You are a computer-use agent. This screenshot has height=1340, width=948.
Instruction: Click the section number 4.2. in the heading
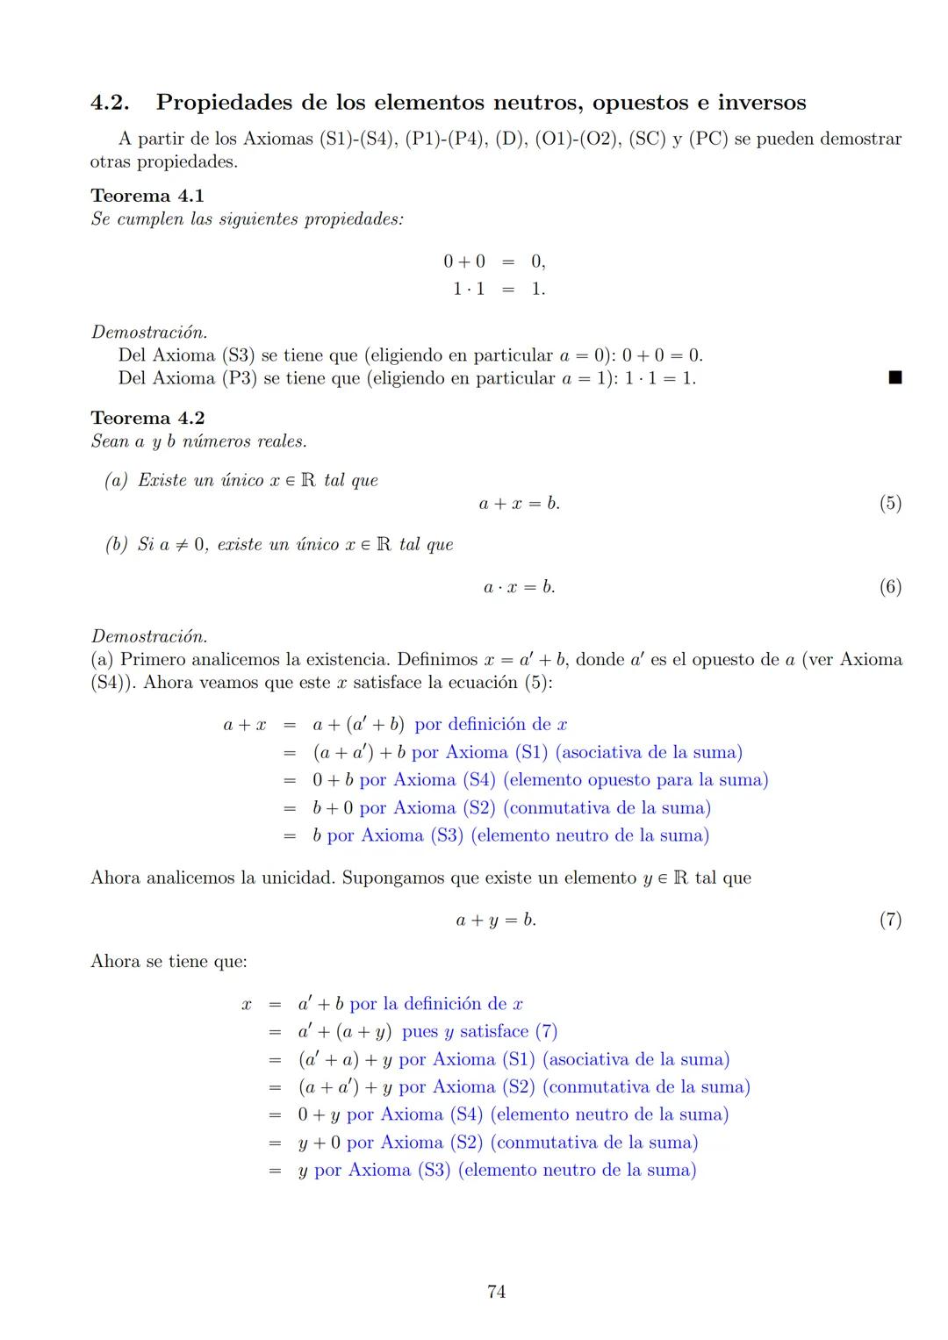coord(111,103)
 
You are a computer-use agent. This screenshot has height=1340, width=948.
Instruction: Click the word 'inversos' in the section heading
coord(761,103)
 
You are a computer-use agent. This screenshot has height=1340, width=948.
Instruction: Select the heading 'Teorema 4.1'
coord(147,196)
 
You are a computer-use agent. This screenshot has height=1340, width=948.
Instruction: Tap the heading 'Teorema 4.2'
coord(147,418)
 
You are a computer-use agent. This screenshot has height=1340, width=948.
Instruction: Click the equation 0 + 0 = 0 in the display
coord(494,262)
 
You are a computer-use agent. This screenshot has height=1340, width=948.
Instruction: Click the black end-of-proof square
coord(894,378)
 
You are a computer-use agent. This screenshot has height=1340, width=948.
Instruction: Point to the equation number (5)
coord(890,504)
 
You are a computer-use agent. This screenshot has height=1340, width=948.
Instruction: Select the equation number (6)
coord(890,587)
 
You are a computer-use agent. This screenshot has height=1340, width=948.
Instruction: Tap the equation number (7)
coord(890,920)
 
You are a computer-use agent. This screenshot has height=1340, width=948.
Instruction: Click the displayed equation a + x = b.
coord(519,504)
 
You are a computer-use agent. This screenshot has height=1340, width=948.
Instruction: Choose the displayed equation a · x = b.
coord(519,587)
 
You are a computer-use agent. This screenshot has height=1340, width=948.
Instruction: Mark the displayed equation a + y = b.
coord(496,920)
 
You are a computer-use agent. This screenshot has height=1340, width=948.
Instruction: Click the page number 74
coord(496,1292)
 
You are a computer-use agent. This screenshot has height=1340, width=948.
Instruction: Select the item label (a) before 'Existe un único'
coord(116,481)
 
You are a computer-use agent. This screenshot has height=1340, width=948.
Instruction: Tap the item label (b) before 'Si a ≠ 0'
coord(116,545)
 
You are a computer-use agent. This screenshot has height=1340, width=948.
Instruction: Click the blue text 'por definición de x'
coord(491,725)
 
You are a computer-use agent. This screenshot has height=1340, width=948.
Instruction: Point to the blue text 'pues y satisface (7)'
coord(479,1032)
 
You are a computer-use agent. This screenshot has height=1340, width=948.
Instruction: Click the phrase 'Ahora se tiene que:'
coord(169,962)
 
